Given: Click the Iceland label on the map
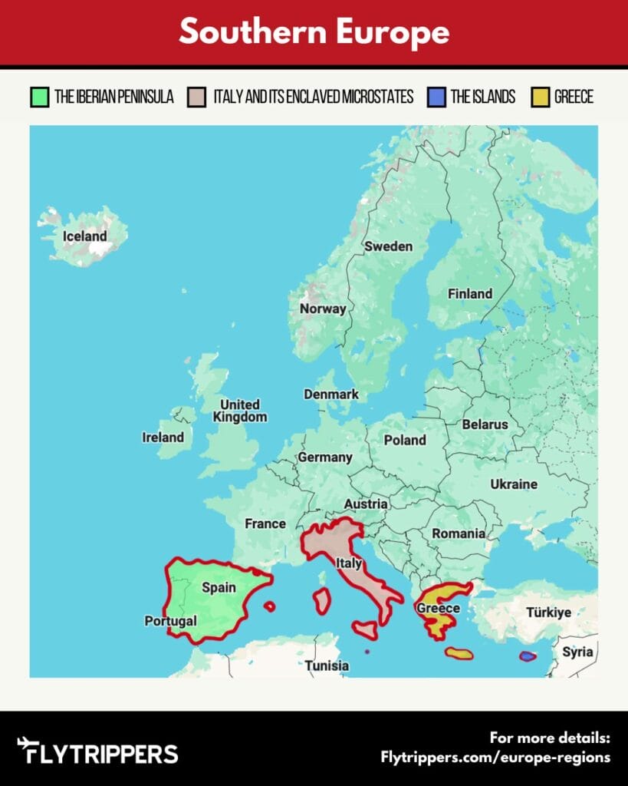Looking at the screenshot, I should point(84,236).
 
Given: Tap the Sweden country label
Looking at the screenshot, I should point(388,246).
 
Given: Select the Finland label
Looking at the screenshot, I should point(470,293).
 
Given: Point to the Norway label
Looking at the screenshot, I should point(323,309).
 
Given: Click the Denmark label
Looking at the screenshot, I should point(331,394).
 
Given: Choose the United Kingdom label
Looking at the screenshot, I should point(240,411).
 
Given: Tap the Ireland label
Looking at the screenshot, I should point(163,438).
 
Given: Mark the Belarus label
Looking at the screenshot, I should point(485,424).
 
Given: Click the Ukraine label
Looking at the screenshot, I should point(514,484).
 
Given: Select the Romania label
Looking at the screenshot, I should point(459,533).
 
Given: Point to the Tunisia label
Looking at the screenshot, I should point(327,665).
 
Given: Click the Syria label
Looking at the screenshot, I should point(577,652).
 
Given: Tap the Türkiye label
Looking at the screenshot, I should point(548,613).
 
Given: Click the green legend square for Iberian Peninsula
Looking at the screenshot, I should point(39,97).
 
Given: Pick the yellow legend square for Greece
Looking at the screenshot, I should point(540,97).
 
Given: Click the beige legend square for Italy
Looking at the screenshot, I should point(197,97).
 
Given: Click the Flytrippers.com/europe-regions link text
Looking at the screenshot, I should point(495,757).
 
